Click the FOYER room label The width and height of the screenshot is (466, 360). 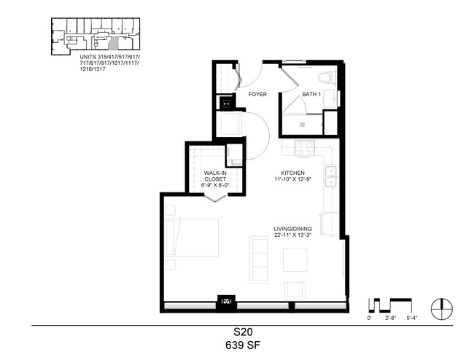[257, 94]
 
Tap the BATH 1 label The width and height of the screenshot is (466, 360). [311, 94]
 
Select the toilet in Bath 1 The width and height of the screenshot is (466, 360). [327, 77]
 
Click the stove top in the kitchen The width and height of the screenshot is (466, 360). [304, 149]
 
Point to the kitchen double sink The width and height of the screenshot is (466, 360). [330, 176]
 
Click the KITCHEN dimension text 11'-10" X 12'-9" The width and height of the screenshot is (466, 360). [292, 179]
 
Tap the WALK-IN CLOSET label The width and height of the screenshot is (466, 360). [215, 176]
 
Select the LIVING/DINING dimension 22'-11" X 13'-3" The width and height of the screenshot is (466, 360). [292, 235]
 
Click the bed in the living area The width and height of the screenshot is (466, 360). [192, 238]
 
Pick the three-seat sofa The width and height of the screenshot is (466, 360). [259, 259]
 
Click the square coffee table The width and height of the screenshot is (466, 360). [295, 259]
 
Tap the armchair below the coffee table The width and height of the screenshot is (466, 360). [295, 290]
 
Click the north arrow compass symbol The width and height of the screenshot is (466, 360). [442, 308]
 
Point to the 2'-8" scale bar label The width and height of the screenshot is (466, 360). [391, 318]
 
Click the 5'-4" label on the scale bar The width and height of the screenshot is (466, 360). [412, 318]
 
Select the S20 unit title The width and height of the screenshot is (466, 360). [243, 332]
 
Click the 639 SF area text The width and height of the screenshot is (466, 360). [243, 345]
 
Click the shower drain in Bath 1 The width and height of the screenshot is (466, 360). [302, 125]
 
